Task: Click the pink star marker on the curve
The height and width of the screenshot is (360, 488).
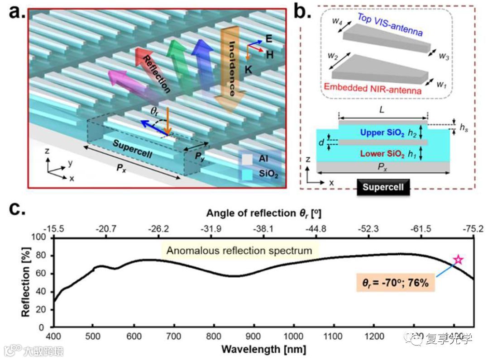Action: (x=458, y=260)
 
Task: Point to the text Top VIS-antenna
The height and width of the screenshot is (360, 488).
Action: (x=390, y=25)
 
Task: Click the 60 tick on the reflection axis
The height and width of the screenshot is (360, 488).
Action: (x=41, y=273)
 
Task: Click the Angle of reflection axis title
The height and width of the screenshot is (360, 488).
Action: (x=264, y=213)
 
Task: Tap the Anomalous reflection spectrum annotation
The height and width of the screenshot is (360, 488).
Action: (x=239, y=250)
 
